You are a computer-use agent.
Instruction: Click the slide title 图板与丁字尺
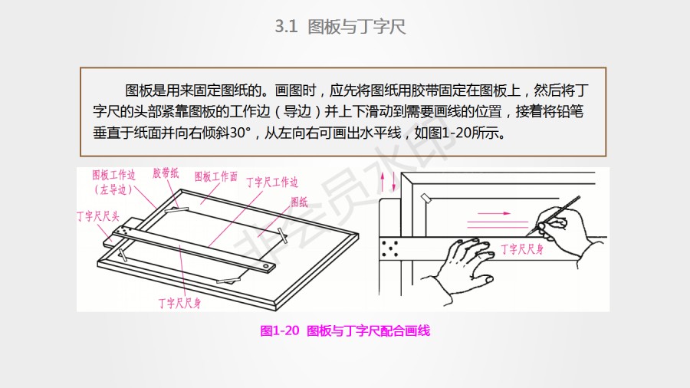pyautogui.click(x=356, y=27)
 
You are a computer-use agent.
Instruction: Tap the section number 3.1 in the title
pyautogui.click(x=286, y=27)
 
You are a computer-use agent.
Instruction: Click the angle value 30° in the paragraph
pyautogui.click(x=240, y=133)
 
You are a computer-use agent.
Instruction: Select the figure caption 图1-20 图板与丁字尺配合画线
pyautogui.click(x=345, y=330)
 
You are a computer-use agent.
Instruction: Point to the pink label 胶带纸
pyautogui.click(x=166, y=173)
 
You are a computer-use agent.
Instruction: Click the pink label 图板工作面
pyautogui.click(x=216, y=177)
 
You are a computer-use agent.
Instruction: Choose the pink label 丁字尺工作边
pyautogui.click(x=272, y=182)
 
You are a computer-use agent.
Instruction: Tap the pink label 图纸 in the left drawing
pyautogui.click(x=299, y=202)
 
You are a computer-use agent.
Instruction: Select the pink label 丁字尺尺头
pyautogui.click(x=98, y=216)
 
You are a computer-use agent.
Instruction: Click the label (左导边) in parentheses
pyautogui.click(x=113, y=189)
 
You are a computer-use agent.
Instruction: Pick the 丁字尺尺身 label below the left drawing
pyautogui.click(x=180, y=303)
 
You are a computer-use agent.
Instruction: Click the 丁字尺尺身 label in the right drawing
pyautogui.click(x=522, y=249)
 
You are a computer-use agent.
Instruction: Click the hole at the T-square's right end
pyautogui.click(x=266, y=267)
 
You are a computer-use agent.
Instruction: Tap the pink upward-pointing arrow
pyautogui.click(x=383, y=181)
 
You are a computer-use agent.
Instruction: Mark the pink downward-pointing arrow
pyautogui.click(x=393, y=181)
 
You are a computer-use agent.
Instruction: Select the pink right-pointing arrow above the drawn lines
pyautogui.click(x=494, y=213)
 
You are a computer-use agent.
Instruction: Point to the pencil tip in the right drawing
pyautogui.click(x=528, y=235)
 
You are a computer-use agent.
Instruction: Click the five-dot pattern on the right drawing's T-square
pyautogui.click(x=390, y=248)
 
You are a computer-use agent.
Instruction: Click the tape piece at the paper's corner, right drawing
pyautogui.click(x=425, y=198)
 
